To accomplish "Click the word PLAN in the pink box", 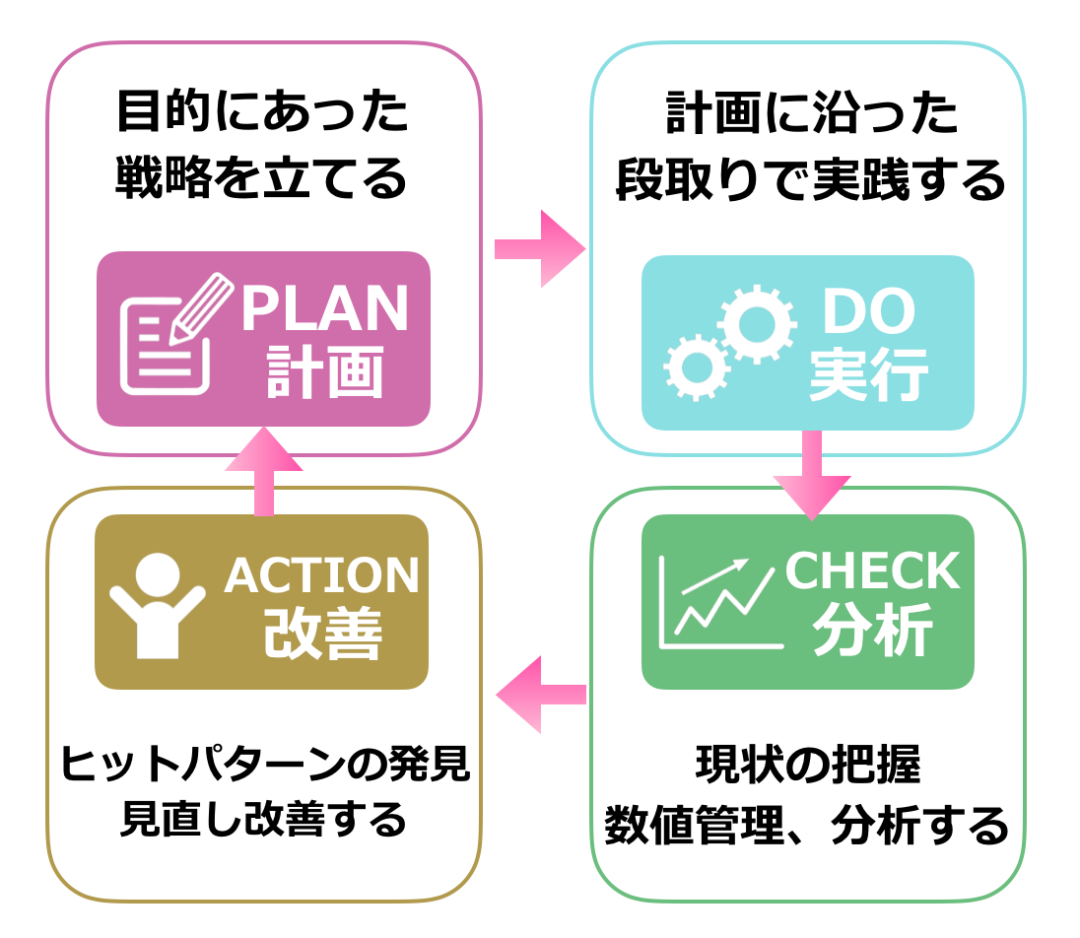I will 324,309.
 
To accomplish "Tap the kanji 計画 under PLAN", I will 324,373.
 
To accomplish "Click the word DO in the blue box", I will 868,313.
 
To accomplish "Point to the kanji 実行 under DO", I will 868,376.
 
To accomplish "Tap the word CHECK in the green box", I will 872,571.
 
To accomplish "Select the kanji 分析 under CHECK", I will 872,632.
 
